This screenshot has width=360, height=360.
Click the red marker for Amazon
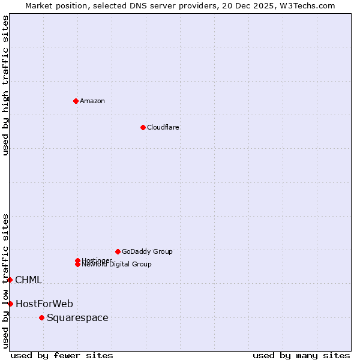76,101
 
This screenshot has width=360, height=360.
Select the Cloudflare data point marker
143,127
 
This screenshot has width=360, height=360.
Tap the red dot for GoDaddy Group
118,251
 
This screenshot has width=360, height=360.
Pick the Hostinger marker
77,260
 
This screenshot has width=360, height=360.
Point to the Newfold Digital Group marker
77,264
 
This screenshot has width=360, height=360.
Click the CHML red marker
10,280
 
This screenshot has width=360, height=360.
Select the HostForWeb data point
10,304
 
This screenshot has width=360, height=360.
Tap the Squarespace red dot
41,317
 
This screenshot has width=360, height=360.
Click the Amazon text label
92,101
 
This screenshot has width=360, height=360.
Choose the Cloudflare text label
163,127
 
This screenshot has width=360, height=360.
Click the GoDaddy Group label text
147,251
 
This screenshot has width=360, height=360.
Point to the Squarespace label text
77,317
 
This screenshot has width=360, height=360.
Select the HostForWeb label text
44,304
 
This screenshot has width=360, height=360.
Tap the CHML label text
28,280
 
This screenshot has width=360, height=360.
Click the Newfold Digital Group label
116,265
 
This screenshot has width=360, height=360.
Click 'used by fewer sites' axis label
62,355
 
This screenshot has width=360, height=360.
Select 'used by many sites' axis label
301,355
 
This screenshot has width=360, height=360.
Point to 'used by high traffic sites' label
5,85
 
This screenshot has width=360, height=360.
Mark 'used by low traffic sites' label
5,280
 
